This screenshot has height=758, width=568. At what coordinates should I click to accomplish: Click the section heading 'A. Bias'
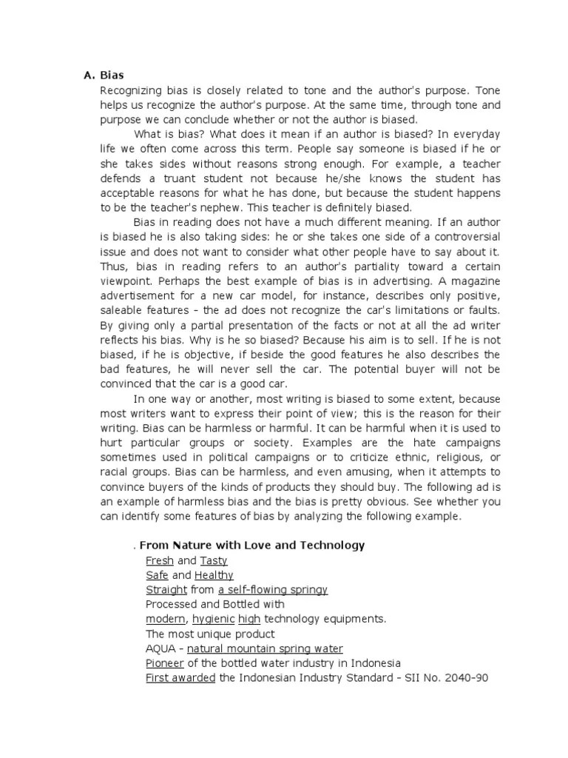(104, 75)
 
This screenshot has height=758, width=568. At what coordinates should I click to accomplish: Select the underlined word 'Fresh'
(160, 560)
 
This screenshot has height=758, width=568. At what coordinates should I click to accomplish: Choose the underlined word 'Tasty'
(214, 560)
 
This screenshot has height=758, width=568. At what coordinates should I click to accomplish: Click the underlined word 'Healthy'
(214, 575)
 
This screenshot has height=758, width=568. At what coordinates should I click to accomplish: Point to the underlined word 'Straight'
(166, 590)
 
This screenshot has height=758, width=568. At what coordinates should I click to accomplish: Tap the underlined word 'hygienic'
(213, 619)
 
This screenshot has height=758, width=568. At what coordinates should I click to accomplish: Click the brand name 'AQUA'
(160, 648)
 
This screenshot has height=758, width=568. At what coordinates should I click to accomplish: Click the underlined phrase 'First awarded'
(181, 677)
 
